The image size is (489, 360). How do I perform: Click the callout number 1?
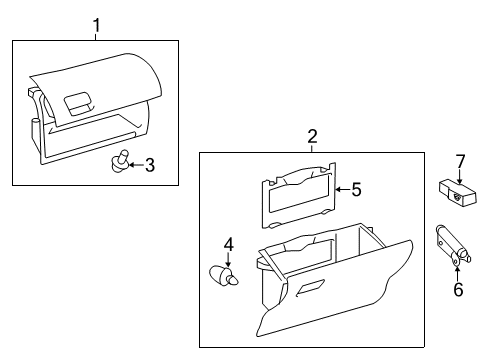point(97,23)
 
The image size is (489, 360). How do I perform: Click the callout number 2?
point(312,135)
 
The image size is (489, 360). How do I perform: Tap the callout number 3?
point(150,165)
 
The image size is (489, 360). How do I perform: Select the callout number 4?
point(228,243)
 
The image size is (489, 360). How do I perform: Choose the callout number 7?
point(460,160)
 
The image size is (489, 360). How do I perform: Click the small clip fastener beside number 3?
point(121,161)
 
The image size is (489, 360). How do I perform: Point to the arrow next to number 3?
point(136,165)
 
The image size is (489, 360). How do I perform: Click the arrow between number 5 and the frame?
point(341,187)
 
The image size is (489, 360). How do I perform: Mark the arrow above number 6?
point(458,270)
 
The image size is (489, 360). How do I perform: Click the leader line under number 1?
point(97,35)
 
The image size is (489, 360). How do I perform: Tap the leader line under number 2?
point(312,147)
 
